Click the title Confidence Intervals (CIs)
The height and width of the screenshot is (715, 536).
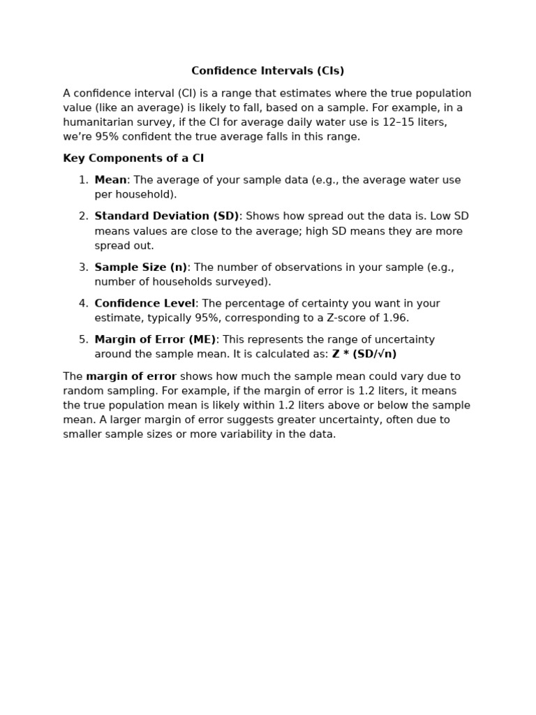[267, 71]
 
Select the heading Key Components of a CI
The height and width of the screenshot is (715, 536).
[133, 159]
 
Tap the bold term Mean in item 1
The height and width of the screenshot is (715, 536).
[110, 180]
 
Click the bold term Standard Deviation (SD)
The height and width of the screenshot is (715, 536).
[167, 216]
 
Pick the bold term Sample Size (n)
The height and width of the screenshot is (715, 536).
[141, 267]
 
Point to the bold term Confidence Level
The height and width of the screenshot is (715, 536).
[144, 304]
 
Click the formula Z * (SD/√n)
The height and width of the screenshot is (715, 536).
[364, 355]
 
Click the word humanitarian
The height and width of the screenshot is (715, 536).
[96, 122]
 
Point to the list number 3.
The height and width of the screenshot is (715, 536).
[83, 267]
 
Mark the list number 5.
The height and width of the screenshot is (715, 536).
[83, 340]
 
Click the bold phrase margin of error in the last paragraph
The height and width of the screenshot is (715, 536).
[131, 377]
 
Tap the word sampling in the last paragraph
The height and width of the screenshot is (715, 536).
[129, 391]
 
